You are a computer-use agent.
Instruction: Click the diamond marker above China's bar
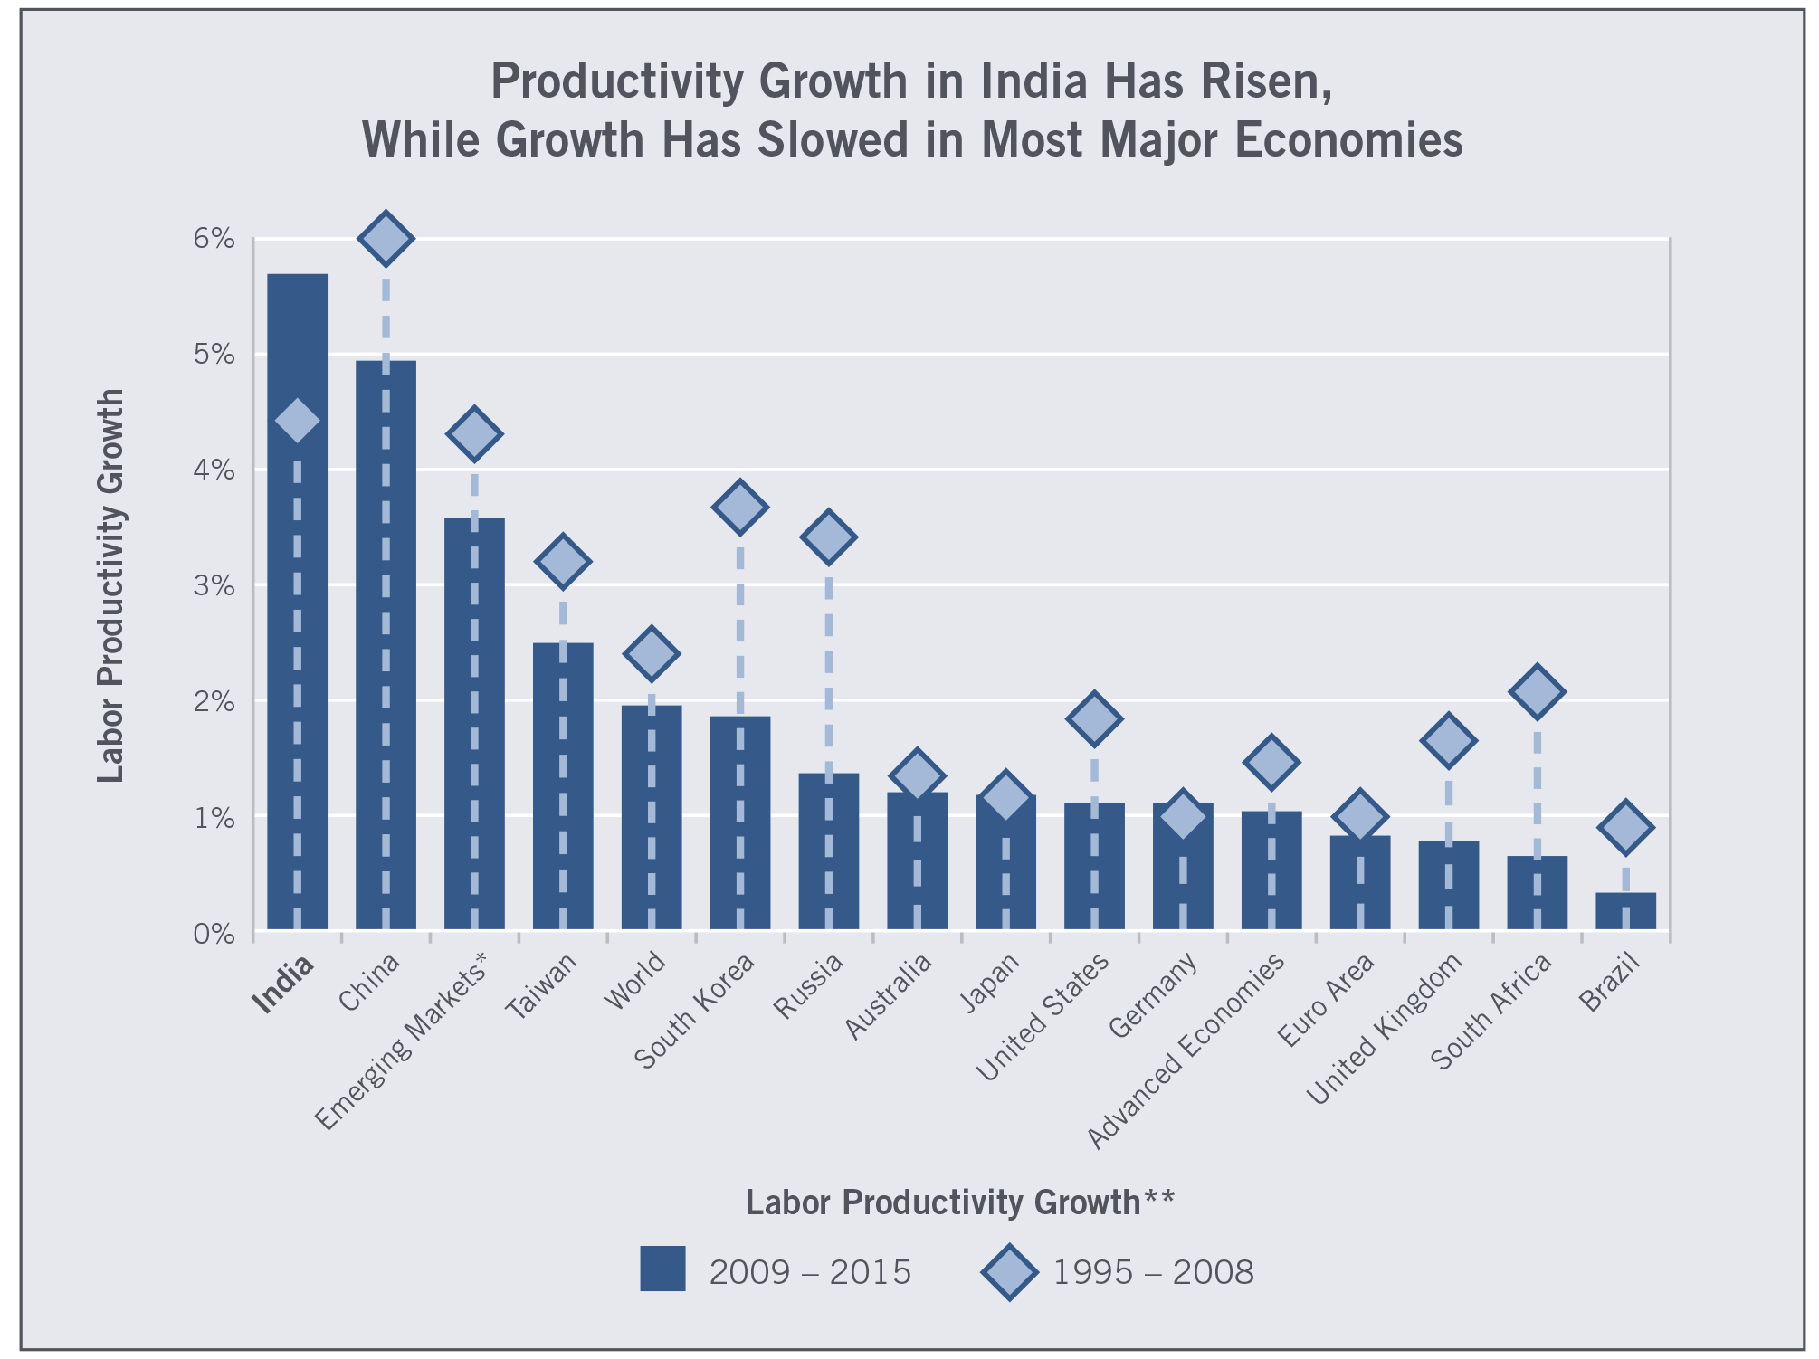pyautogui.click(x=386, y=239)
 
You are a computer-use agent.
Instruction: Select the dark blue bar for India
pyautogui.click(x=297, y=633)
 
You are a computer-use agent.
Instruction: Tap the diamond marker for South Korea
pyautogui.click(x=739, y=507)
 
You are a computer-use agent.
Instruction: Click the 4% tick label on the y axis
pyautogui.click(x=214, y=470)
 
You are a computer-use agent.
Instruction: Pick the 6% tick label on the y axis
pyautogui.click(x=214, y=239)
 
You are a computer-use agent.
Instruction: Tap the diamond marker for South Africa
pyautogui.click(x=1537, y=692)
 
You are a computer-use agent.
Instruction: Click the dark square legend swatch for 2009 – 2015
pyautogui.click(x=662, y=1269)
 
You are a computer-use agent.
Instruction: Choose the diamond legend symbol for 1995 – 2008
pyautogui.click(x=1009, y=1272)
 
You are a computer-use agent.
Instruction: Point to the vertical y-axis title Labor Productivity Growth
pyautogui.click(x=110, y=585)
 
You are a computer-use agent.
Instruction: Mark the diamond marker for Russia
pyautogui.click(x=828, y=537)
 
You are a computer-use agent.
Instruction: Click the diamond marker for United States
pyautogui.click(x=1094, y=719)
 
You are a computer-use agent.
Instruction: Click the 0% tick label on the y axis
pyautogui.click(x=214, y=933)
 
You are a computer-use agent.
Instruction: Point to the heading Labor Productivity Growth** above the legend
pyautogui.click(x=959, y=1202)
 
